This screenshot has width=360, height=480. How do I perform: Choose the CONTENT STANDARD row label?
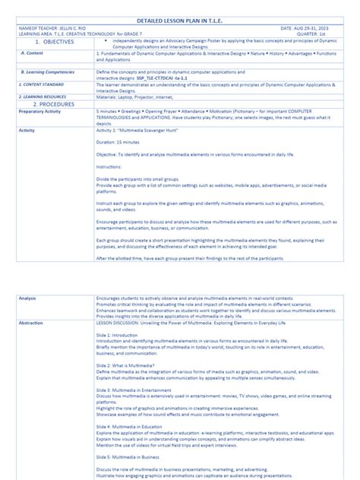pyautogui.click(x=41, y=85)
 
